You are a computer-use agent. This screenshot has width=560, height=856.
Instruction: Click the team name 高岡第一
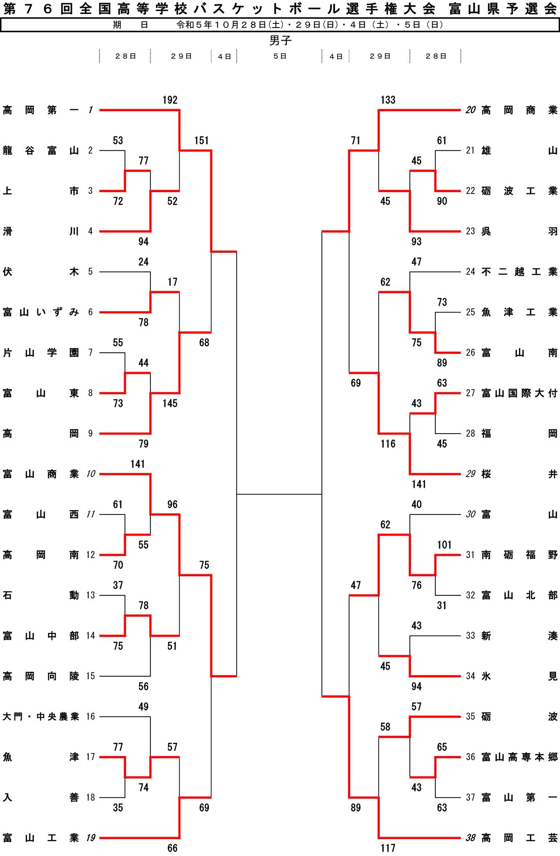pyautogui.click(x=41, y=110)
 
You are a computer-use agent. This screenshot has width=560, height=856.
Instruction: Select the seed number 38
pyautogui.click(x=470, y=838)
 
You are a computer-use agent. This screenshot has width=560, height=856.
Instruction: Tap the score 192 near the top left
pyautogui.click(x=170, y=100)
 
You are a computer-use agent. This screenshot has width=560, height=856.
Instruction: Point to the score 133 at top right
pyautogui.click(x=388, y=100)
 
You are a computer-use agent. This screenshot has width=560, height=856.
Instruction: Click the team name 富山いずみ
pyautogui.click(x=41, y=312)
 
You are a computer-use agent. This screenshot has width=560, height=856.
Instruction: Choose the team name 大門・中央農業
pyautogui.click(x=41, y=716)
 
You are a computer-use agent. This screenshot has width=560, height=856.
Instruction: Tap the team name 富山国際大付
pyautogui.click(x=519, y=393)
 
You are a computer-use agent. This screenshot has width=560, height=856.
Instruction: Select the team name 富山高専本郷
pyautogui.click(x=519, y=757)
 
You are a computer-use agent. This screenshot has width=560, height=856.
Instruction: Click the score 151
pyautogui.click(x=202, y=141)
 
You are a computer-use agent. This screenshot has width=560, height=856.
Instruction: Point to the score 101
pyautogui.click(x=444, y=545)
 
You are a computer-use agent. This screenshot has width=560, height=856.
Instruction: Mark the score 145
pyautogui.click(x=170, y=403)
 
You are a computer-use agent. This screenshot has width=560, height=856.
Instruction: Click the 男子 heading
pyautogui.click(x=280, y=41)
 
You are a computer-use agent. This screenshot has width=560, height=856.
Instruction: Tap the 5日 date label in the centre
pyautogui.click(x=280, y=56)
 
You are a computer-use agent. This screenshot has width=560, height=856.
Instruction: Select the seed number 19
pyautogui.click(x=91, y=838)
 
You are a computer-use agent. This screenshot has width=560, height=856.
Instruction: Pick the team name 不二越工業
pyautogui.click(x=519, y=272)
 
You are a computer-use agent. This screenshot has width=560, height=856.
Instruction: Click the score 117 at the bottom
pyautogui.click(x=388, y=848)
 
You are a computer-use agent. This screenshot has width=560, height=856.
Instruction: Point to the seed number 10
pyautogui.click(x=91, y=474)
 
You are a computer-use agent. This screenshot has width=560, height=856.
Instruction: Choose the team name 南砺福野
pyautogui.click(x=519, y=555)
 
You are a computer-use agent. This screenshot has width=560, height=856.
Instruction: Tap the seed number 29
pyautogui.click(x=470, y=474)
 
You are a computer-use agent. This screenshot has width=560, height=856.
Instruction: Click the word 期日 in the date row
pyautogui.click(x=130, y=25)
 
